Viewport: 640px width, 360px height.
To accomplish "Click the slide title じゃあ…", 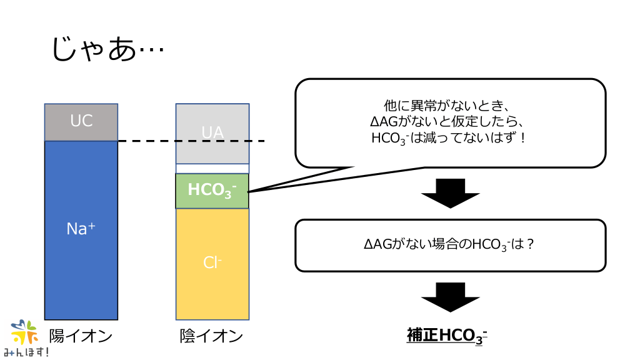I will click(x=107, y=49).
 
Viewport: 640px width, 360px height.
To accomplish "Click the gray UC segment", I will click(x=81, y=122).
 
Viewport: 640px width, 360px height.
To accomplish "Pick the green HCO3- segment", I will click(x=212, y=191).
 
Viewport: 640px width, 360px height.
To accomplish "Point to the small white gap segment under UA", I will click(x=212, y=168).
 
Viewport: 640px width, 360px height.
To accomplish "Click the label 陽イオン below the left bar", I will click(x=81, y=336).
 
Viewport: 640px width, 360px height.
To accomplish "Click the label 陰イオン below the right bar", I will click(x=211, y=336).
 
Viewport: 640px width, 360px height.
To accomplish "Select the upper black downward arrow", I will click(x=450, y=193).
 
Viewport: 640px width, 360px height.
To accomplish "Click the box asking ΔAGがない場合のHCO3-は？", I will click(x=450, y=245).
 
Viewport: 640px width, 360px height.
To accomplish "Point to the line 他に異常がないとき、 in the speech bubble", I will click(x=450, y=106).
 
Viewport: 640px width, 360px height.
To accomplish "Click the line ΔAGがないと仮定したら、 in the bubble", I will click(x=450, y=121).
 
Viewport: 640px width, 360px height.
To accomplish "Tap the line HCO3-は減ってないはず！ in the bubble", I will click(x=450, y=137).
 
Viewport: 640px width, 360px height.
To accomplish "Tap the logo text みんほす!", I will click(x=26, y=352).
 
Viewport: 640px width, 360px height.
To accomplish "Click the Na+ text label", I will click(x=81, y=229).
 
